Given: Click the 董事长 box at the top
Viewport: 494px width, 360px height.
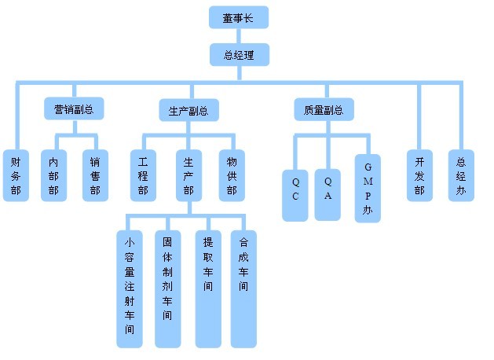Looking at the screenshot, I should coord(239,17).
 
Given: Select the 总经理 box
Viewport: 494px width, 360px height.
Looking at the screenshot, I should coord(239,54).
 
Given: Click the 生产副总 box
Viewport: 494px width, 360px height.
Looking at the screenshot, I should coord(188,110).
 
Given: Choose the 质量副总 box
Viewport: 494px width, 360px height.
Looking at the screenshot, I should coord(324,109).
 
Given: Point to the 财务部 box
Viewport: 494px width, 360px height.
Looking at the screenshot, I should coord(16,175).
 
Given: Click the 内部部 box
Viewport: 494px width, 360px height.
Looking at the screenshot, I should coord(53,175).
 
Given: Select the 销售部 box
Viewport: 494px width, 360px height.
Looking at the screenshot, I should coord(95,175).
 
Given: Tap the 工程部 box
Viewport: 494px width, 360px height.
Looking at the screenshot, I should coord(142,175).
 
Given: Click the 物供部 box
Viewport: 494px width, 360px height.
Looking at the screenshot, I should coord(231,175).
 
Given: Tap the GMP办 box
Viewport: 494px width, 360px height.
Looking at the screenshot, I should coord(368,189).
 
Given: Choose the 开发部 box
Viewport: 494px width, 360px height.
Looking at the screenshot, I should coord(419,175).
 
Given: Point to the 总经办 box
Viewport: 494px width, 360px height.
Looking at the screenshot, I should coord(461,175).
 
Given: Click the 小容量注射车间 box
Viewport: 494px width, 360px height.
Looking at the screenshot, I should coord(130,288).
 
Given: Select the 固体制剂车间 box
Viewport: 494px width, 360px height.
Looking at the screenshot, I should coord(167,288).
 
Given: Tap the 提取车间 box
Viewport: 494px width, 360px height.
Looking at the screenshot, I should coord(208,288).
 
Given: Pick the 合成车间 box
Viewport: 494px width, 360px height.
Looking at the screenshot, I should coord(243,288).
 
